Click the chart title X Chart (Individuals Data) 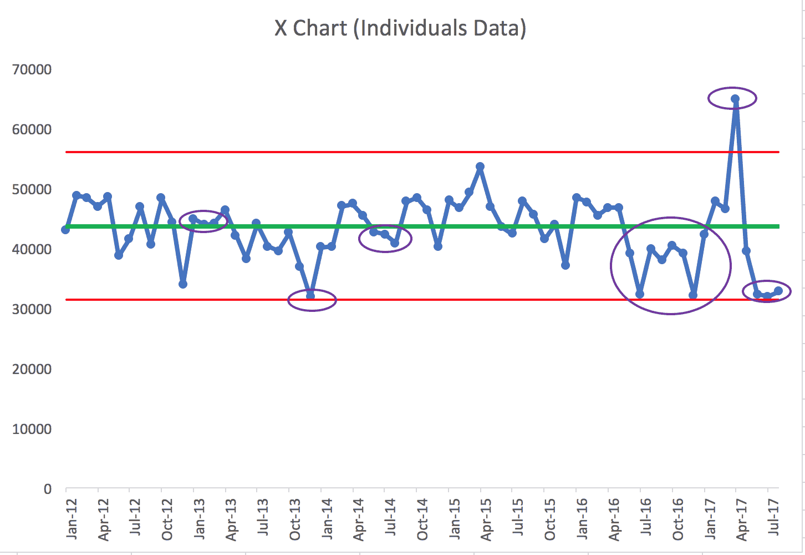click(400, 28)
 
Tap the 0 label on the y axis click(48, 489)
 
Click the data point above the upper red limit click(735, 99)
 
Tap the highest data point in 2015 click(480, 167)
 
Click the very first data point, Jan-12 click(65, 229)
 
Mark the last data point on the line click(778, 290)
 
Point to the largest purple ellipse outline click(611, 266)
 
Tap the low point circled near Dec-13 click(310, 295)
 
